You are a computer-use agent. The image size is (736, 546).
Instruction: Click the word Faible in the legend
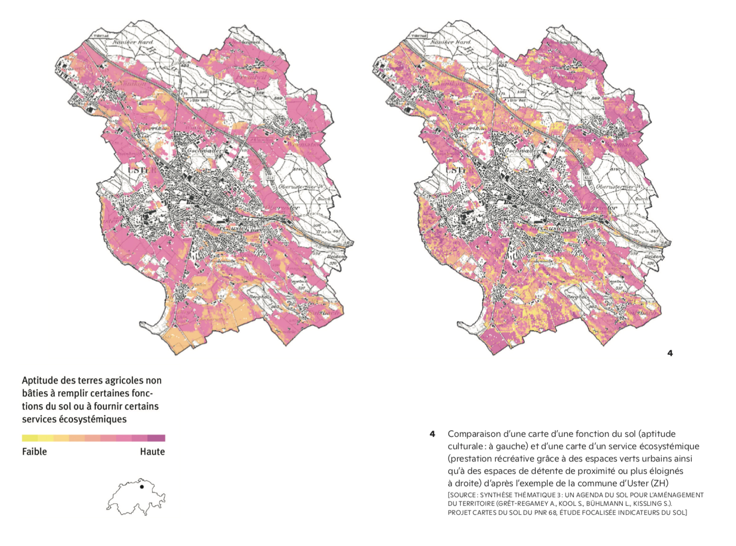click(34, 451)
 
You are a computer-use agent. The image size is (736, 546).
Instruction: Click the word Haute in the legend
click(152, 451)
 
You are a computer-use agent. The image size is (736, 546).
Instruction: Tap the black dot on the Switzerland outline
click(142, 487)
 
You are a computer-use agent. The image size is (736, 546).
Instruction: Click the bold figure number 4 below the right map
click(670, 353)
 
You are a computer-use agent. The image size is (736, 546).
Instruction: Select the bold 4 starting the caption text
click(432, 434)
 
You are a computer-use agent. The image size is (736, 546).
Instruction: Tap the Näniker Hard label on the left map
click(133, 42)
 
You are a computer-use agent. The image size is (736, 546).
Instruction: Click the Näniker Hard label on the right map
click(450, 42)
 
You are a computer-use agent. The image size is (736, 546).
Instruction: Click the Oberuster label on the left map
click(282, 208)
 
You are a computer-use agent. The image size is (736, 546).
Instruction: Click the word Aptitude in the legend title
click(39, 381)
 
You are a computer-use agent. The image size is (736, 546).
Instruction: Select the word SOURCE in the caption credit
click(462, 495)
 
